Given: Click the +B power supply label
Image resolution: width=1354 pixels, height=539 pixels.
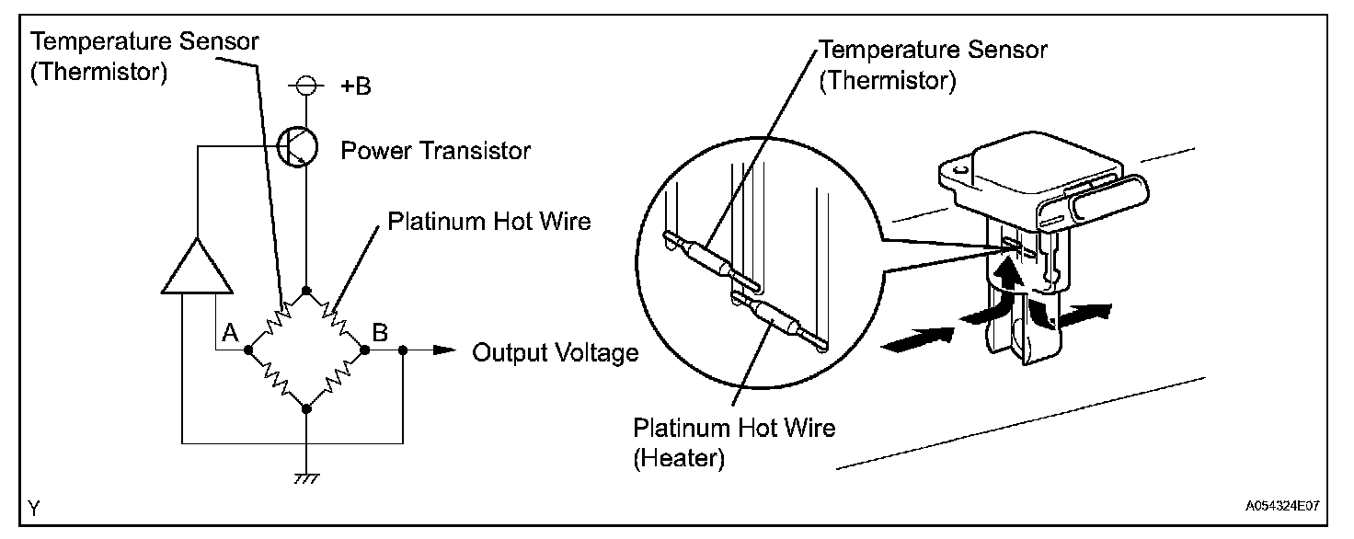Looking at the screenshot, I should point(356,87).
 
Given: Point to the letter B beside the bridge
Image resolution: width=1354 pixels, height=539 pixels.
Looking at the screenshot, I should point(380,332).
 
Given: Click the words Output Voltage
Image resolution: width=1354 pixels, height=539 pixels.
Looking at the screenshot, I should point(555,352).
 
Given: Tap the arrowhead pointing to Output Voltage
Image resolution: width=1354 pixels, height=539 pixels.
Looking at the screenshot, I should point(444,350).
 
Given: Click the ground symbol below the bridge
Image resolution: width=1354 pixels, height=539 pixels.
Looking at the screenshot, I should point(306,478).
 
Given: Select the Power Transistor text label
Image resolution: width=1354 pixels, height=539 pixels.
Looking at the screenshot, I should point(435,151).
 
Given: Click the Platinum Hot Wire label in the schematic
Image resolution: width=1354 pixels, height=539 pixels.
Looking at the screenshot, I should point(488,222).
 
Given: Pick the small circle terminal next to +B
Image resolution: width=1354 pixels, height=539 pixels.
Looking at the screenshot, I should point(306,86).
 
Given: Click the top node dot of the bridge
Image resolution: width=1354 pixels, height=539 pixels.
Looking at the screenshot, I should point(306,291).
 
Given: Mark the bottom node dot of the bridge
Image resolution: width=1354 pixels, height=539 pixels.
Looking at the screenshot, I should point(306,407).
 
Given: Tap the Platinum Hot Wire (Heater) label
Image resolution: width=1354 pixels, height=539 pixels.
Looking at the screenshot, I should point(734,442).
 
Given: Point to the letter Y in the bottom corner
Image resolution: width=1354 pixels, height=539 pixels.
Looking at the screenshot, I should point(33,507).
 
